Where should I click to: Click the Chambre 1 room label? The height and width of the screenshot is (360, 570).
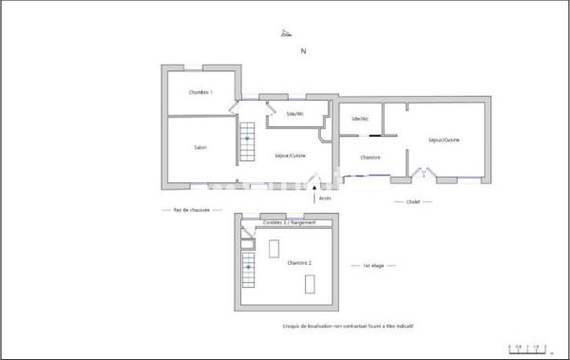tap(200, 92)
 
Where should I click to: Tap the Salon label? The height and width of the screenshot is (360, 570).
tap(200, 147)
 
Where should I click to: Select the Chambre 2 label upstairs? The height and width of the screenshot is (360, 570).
tap(300, 261)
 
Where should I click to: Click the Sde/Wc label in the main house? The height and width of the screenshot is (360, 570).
tap(295, 114)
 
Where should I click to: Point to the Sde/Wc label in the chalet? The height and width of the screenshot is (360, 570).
tap(360, 119)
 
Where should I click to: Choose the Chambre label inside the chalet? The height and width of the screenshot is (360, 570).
tap(370, 157)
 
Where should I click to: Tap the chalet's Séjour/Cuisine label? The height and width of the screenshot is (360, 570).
tap(444, 140)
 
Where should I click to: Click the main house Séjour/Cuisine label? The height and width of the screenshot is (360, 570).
tap(290, 155)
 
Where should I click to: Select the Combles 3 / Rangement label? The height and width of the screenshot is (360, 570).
tap(282, 222)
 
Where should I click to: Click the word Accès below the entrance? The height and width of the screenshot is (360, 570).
tap(325, 199)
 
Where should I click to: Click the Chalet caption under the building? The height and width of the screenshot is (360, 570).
tap(413, 201)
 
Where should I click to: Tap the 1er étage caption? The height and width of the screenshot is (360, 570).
tap(373, 267)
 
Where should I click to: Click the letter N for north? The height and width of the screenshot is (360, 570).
tap(303, 52)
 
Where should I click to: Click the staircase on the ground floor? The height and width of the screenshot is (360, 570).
tap(247, 142)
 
